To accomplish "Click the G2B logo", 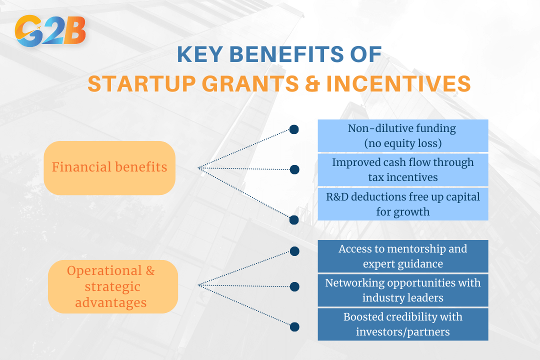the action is tap(50, 30).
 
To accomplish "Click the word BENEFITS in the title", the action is tap(286, 54).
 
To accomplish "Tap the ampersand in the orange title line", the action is tap(312, 83).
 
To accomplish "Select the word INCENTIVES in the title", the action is tap(398, 83).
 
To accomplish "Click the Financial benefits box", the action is tap(109, 168).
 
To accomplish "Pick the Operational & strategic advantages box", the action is tap(113, 286).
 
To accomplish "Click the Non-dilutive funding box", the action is tap(403, 135).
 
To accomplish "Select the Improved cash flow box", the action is tap(403, 170).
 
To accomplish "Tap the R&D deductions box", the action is tap(403, 204).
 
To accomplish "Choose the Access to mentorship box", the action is tap(403, 256).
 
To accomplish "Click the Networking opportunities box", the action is tap(403, 290).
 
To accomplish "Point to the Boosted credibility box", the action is tap(403, 324).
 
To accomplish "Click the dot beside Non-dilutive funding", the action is tap(294, 129).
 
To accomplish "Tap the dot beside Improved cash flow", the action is tap(294, 169).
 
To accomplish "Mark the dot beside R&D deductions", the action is tap(294, 220).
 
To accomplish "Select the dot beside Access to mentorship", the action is tap(294, 251).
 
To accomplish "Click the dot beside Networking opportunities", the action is tap(294, 286).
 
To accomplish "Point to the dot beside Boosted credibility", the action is tap(294, 327).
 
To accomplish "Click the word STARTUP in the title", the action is tap(142, 83).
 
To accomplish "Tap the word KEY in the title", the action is tap(199, 54).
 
